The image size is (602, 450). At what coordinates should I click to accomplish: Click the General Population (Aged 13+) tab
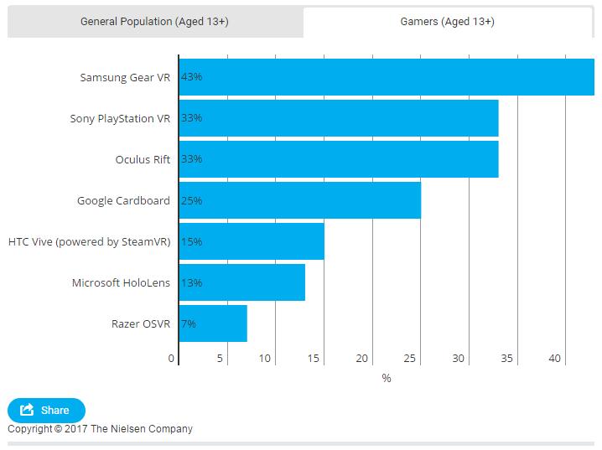(155, 22)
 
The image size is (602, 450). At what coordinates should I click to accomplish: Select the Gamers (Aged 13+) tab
(447, 22)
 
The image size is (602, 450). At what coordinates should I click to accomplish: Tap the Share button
(46, 410)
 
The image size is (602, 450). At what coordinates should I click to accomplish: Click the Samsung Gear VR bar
(387, 77)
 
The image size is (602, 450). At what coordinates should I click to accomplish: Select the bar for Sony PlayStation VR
(339, 118)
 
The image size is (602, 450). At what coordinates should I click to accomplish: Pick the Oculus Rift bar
(339, 159)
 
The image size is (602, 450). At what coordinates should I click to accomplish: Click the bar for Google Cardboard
(300, 200)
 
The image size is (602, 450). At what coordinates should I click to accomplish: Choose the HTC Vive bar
(252, 241)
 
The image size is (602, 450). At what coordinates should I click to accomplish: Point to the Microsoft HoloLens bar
(242, 282)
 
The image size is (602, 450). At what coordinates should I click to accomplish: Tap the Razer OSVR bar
(213, 323)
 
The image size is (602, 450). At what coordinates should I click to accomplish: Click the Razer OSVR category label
(141, 323)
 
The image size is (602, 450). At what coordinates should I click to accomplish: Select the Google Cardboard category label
(123, 200)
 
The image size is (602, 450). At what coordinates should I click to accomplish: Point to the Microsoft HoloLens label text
(121, 282)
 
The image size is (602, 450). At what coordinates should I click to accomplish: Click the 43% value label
(191, 77)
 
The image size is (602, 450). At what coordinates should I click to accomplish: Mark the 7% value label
(189, 323)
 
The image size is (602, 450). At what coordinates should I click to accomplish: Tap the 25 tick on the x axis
(410, 359)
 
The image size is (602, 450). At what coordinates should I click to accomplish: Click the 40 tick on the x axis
(554, 359)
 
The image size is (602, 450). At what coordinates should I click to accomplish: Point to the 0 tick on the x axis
(171, 359)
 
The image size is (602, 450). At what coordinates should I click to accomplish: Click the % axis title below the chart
(387, 378)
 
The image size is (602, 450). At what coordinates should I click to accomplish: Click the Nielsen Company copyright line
(100, 429)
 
